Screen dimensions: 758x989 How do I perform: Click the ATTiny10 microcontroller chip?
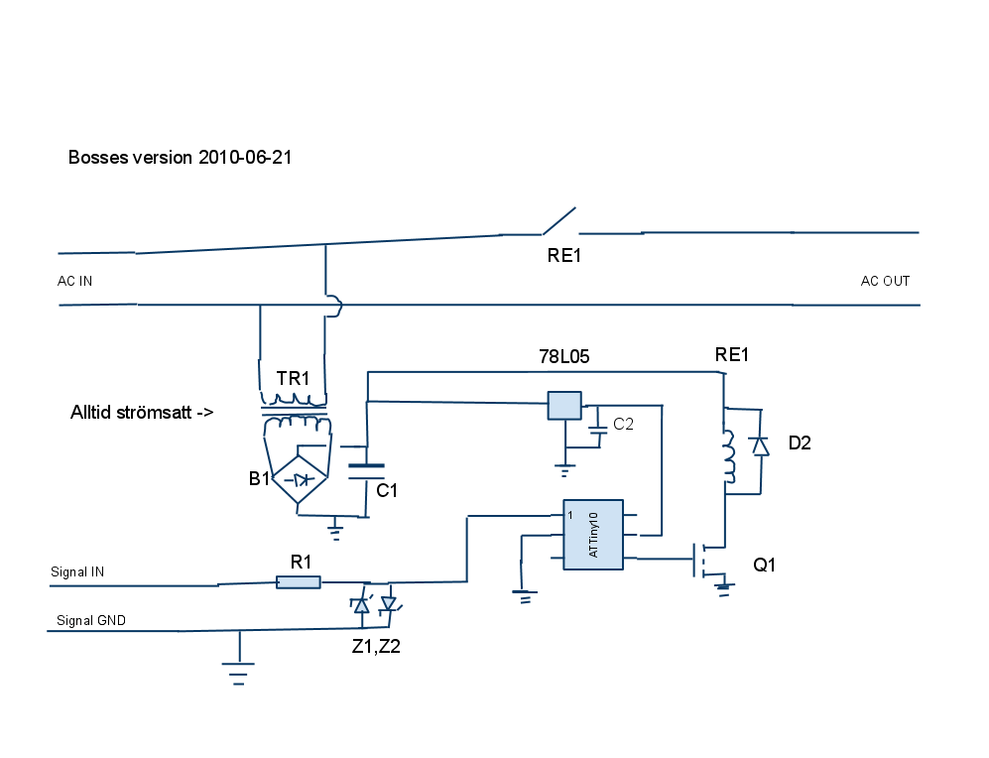[593, 535]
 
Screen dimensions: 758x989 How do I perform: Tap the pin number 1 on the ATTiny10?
[570, 515]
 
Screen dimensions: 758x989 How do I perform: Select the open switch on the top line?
[559, 221]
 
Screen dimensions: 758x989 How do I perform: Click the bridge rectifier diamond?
[301, 480]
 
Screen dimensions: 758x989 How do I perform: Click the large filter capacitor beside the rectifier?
[367, 471]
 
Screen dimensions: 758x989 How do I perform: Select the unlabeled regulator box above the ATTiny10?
[564, 406]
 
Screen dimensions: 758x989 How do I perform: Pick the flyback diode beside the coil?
[760, 445]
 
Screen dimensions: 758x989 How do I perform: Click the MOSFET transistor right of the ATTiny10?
[703, 560]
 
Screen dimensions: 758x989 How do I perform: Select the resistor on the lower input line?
[299, 582]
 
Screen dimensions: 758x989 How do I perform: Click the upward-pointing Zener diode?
[362, 605]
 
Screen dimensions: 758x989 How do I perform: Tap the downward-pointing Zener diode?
[388, 603]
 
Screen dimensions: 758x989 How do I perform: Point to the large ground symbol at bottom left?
[238, 673]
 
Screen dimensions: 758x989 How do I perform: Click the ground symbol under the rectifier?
[335, 532]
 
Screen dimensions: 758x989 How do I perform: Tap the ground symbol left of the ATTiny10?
[522, 597]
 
